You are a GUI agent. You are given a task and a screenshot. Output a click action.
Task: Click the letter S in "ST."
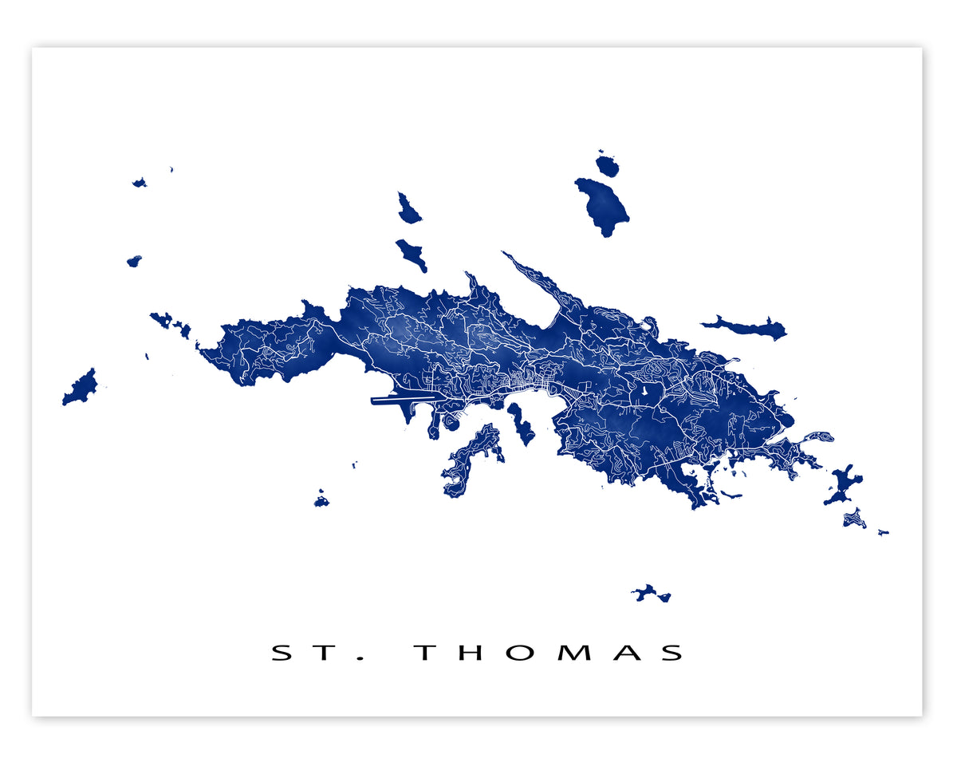point(283,653)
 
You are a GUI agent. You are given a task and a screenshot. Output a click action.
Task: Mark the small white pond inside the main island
point(643,393)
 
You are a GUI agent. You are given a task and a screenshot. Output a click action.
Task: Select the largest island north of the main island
point(603,204)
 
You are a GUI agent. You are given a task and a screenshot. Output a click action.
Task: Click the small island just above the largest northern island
point(607,166)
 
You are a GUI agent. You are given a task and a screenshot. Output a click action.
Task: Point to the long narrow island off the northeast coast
point(746,326)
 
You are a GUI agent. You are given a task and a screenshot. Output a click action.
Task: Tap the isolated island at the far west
point(80,388)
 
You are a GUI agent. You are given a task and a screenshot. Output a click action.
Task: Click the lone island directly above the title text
point(652,594)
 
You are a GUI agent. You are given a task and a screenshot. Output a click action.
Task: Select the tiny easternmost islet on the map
point(883,532)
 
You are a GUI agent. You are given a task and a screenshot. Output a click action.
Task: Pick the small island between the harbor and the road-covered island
point(522,424)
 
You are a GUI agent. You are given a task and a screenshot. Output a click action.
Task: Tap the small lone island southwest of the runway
point(321,501)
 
